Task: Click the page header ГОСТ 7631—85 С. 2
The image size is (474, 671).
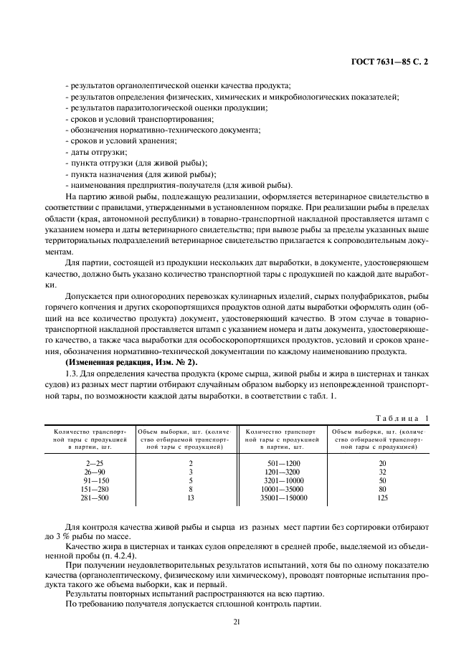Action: click(x=389, y=62)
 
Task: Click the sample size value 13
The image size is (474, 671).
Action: click(x=190, y=498)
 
